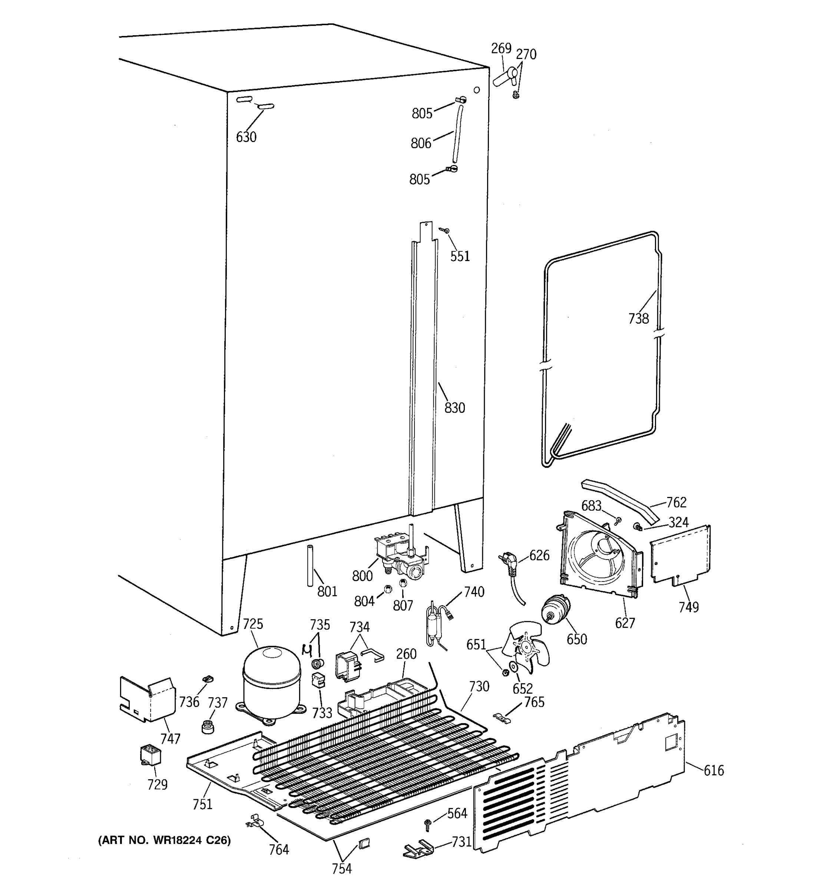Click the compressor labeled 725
tap(272, 683)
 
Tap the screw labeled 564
tap(427, 823)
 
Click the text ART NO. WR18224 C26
tap(164, 840)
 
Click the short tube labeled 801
tap(309, 565)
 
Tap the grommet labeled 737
tap(207, 726)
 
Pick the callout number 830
tap(454, 408)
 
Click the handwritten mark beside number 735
tap(307, 650)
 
